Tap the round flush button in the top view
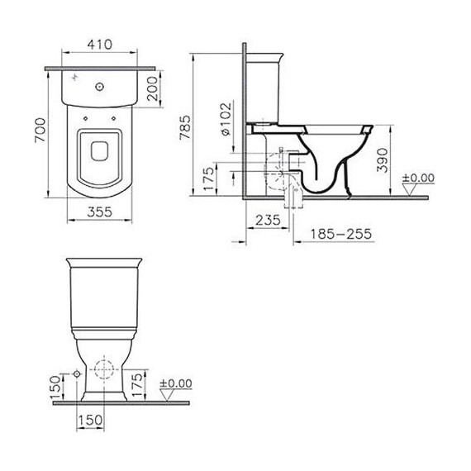pyautogui.click(x=100, y=84)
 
